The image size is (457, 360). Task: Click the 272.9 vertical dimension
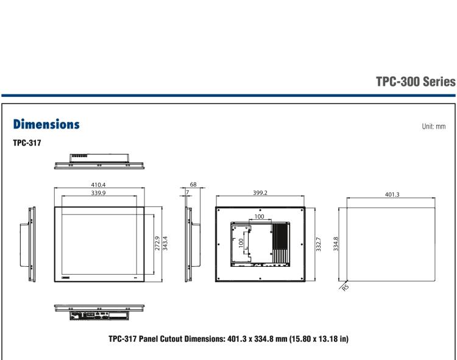pyautogui.click(x=157, y=244)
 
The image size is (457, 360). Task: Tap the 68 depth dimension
pyautogui.click(x=194, y=183)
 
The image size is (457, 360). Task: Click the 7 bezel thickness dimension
pyautogui.click(x=188, y=192)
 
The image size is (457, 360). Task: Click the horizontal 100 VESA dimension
pyautogui.click(x=260, y=216)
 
